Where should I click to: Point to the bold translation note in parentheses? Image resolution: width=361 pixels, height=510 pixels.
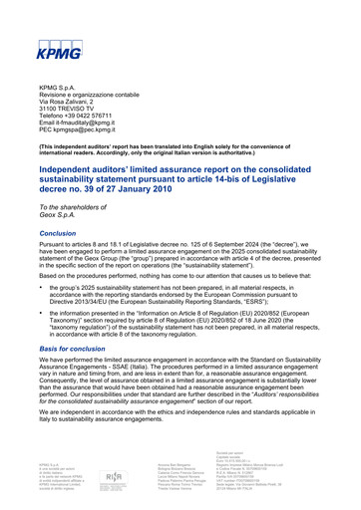[x=180, y=147]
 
